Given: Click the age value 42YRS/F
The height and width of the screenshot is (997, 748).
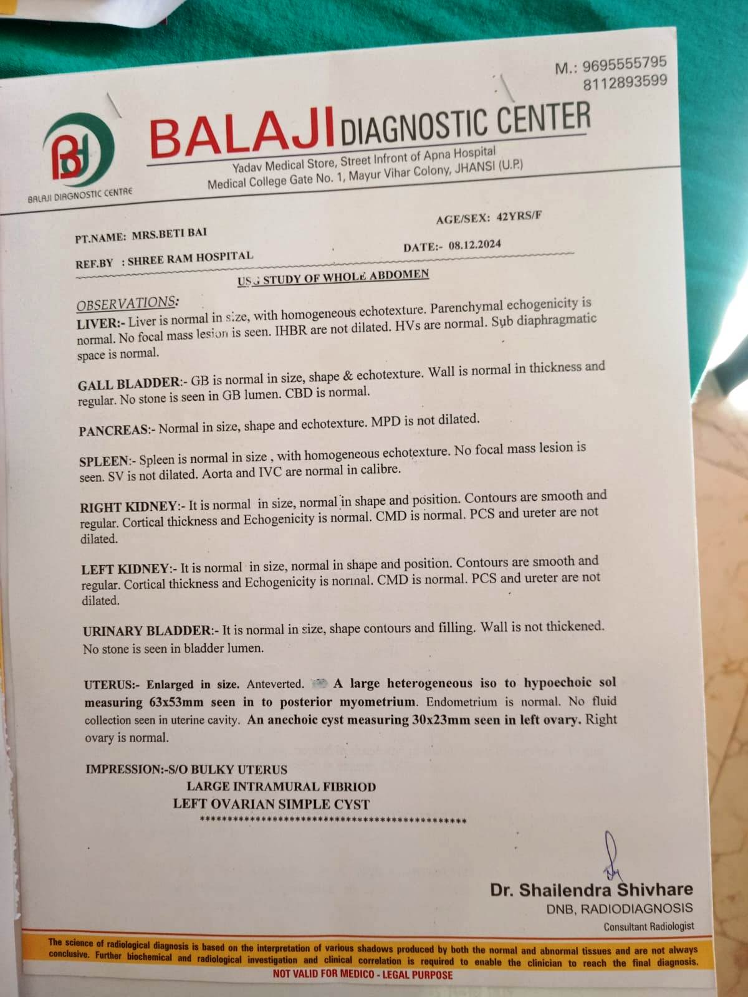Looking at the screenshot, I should pos(519,216).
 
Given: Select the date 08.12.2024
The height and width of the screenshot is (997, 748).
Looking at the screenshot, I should pos(469,245).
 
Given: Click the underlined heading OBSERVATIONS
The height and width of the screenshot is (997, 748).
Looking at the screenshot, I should pos(127,303).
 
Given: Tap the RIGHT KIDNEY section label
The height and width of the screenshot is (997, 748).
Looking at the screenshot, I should pos(129,507).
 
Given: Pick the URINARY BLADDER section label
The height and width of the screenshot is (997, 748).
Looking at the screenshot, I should pos(147,631).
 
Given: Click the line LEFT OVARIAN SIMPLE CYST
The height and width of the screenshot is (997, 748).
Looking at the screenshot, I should pos(271,804).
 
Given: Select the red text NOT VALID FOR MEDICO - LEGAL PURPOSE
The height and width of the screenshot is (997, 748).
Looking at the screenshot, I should pos(362,974).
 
